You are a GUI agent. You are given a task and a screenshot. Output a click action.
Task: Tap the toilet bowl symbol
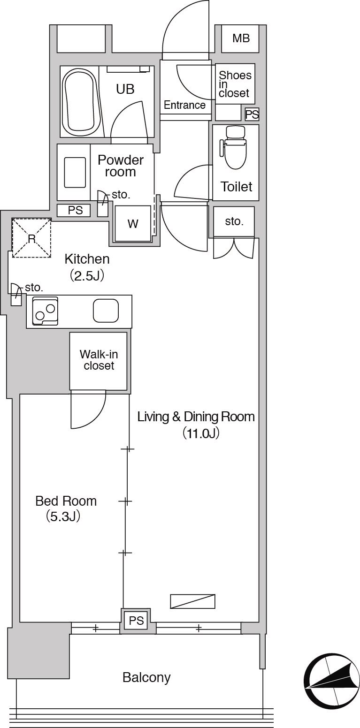pyautogui.click(x=234, y=147)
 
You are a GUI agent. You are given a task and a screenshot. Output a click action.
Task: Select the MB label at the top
pyautogui.click(x=241, y=38)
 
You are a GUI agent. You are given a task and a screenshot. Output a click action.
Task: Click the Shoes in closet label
pyautogui.click(x=235, y=84)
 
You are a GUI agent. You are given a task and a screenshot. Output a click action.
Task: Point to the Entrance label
pyautogui.click(x=184, y=105)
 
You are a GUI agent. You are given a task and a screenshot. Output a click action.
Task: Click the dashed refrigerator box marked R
pyautogui.click(x=31, y=238)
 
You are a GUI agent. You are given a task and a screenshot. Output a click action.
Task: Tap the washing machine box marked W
pyautogui.click(x=133, y=224)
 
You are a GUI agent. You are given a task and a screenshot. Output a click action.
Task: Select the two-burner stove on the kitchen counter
pyautogui.click(x=45, y=311)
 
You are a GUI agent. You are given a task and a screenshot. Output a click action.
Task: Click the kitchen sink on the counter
pyautogui.click(x=106, y=311)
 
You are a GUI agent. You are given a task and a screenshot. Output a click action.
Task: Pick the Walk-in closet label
pyautogui.click(x=99, y=360)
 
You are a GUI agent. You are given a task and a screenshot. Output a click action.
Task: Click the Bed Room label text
pyautogui.click(x=66, y=501)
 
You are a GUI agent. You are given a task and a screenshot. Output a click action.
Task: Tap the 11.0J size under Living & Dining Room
pyautogui.click(x=200, y=433)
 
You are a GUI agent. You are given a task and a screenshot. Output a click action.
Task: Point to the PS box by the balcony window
pyautogui.click(x=136, y=621)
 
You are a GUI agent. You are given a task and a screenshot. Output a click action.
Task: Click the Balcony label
pyautogui.click(x=146, y=677)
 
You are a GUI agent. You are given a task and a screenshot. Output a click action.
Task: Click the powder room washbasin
pyautogui.click(x=75, y=173)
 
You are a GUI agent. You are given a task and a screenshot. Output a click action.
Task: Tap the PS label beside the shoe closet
pyautogui.click(x=252, y=114)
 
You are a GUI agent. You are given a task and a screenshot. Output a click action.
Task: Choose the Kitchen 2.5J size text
pyautogui.click(x=87, y=276)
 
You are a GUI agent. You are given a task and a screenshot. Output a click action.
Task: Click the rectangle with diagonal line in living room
pyautogui.click(x=192, y=601)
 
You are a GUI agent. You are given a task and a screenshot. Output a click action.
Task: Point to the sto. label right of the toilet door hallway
pyautogui.click(x=234, y=221)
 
